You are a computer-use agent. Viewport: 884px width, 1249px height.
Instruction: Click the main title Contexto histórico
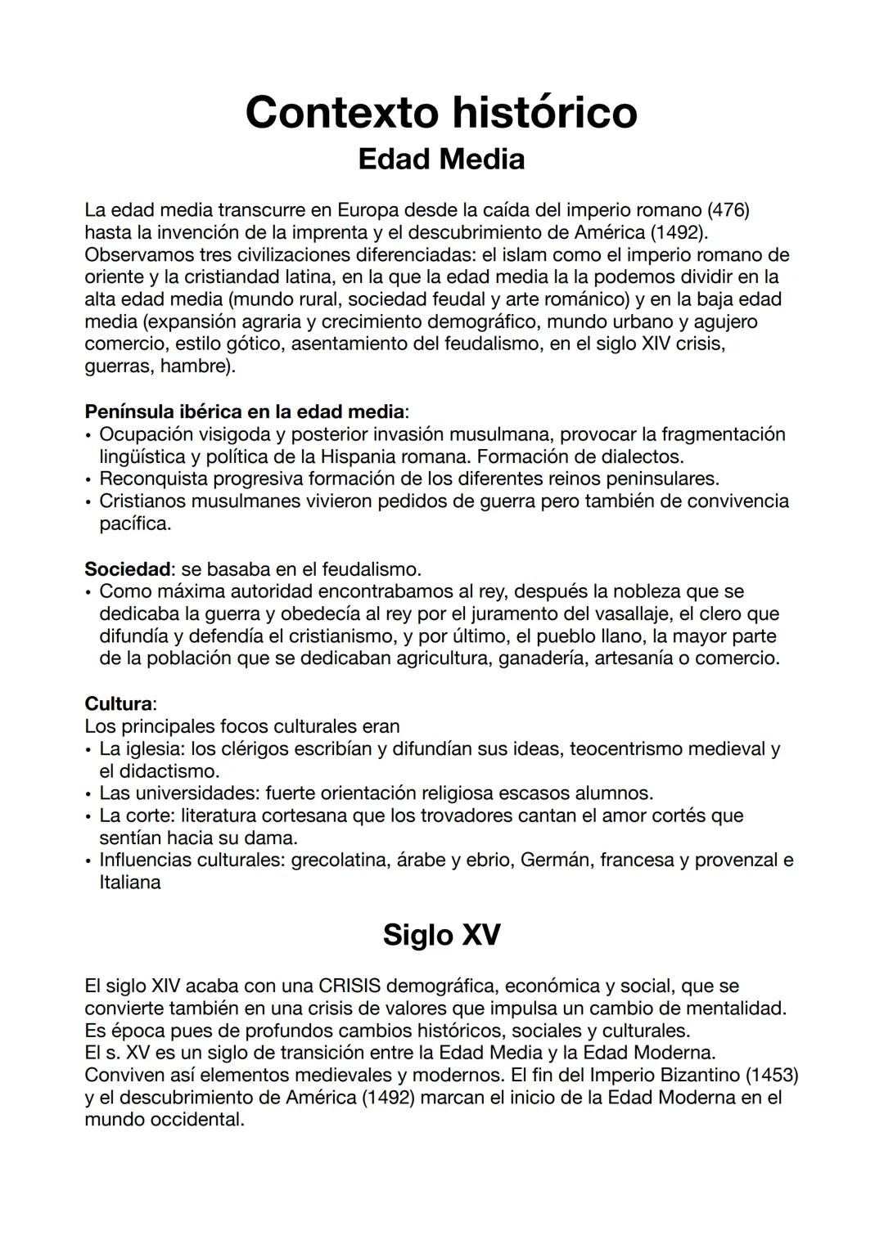(x=441, y=112)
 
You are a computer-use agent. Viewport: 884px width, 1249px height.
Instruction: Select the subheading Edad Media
(x=441, y=159)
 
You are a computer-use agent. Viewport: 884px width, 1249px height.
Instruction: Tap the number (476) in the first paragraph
(x=728, y=210)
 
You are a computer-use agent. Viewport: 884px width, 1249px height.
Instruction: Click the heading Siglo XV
(x=441, y=934)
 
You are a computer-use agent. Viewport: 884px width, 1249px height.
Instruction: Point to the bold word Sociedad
(x=128, y=568)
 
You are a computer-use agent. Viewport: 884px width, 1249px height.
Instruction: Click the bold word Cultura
(x=119, y=703)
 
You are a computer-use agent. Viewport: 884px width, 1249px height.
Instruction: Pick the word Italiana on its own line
(x=130, y=883)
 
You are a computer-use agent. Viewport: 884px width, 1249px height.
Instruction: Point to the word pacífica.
(x=135, y=523)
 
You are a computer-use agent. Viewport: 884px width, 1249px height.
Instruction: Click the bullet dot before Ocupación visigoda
(x=88, y=434)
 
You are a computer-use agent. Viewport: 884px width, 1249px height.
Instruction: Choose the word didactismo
(x=169, y=771)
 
